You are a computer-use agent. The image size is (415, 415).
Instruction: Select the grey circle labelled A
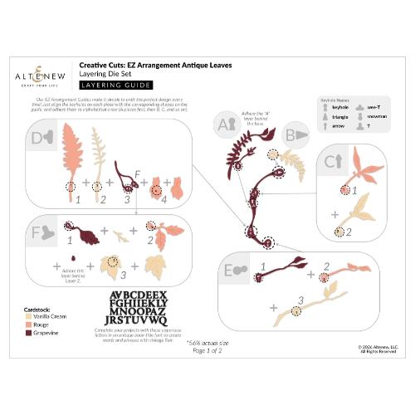click(x=222, y=124)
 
